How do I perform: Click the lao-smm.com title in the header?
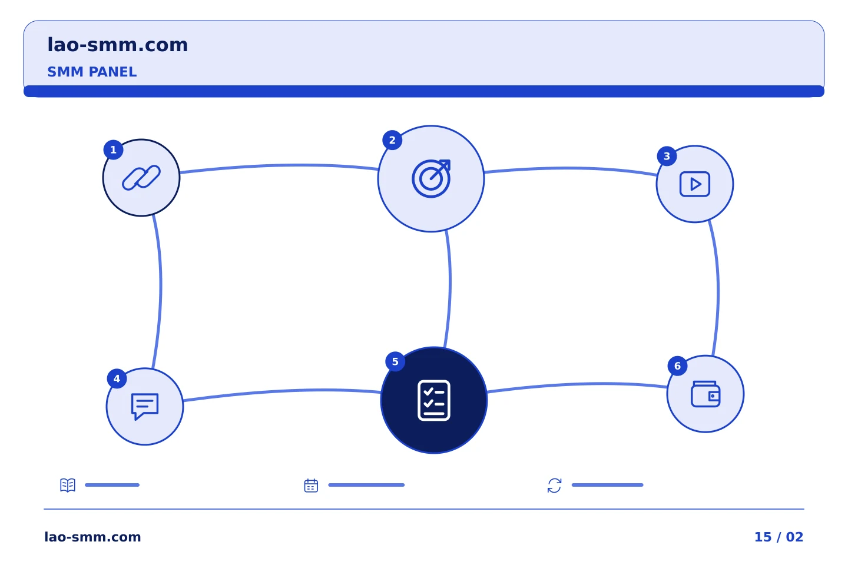pos(117,45)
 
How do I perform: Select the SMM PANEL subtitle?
pos(92,72)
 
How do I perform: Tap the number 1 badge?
pos(113,150)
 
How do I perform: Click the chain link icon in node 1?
pos(141,178)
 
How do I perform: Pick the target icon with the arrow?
pos(431,178)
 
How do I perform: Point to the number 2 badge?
pos(392,141)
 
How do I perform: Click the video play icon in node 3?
pos(695,184)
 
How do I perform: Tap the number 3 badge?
pos(667,157)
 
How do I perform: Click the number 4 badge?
pos(117,379)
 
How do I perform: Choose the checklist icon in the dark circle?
pos(434,400)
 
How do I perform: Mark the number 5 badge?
pos(395,362)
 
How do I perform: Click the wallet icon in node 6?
pos(705,394)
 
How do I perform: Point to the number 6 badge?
pos(677,366)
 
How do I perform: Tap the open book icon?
pos(68,485)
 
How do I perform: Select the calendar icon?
pos(311,486)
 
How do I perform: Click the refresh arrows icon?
pos(554,486)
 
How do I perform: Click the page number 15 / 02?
pos(779,537)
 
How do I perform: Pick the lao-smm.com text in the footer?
pos(92,537)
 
